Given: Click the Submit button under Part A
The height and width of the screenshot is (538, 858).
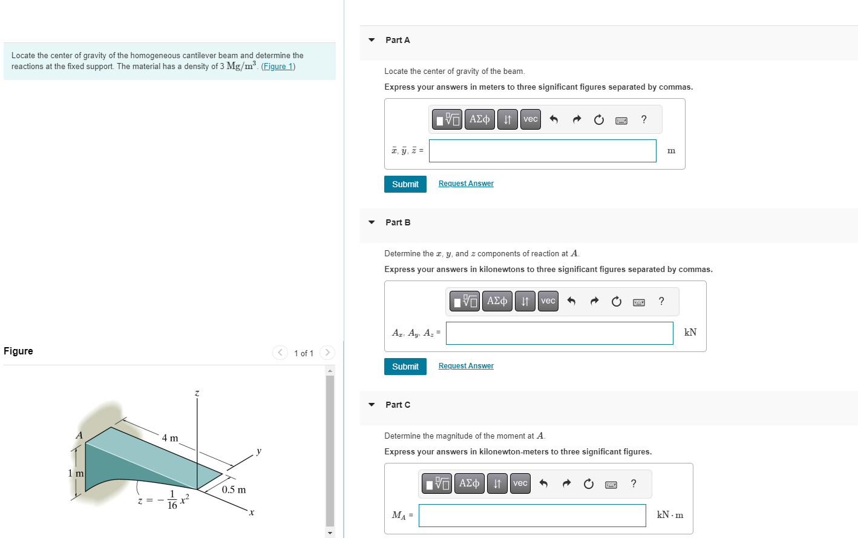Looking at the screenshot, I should tap(405, 184).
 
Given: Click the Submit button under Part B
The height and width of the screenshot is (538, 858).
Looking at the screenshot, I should tap(405, 367).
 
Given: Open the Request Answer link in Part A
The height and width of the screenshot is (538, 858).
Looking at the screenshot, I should tap(466, 184).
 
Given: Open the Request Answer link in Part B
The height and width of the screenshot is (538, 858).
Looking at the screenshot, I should tap(466, 366).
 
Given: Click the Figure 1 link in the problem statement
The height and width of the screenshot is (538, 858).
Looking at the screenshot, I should tap(278, 67).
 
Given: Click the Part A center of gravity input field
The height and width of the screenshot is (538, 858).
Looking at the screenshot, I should tap(542, 151).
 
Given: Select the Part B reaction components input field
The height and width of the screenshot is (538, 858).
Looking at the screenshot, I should tap(559, 333).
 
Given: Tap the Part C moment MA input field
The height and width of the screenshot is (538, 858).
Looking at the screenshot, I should tap(532, 516).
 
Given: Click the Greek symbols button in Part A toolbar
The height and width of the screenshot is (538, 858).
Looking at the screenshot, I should tap(479, 119).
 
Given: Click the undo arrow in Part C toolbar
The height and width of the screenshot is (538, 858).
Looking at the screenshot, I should tap(543, 483).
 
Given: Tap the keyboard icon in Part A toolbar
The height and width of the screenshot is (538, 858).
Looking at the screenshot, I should tap(621, 120).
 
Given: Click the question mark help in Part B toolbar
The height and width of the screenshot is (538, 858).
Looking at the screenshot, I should tap(661, 301).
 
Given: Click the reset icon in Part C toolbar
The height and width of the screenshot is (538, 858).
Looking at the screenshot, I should tap(589, 483).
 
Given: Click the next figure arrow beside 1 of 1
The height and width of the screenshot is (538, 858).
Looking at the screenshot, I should tap(327, 353).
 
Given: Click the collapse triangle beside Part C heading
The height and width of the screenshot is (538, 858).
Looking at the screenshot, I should tap(372, 405).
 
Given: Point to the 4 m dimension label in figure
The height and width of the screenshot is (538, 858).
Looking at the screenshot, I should tap(170, 438).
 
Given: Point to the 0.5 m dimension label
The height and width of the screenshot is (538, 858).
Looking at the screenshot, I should tap(234, 490).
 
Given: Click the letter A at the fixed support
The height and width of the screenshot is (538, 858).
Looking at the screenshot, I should tap(79, 435).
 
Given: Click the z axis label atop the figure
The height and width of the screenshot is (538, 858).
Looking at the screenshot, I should tap(197, 394).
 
